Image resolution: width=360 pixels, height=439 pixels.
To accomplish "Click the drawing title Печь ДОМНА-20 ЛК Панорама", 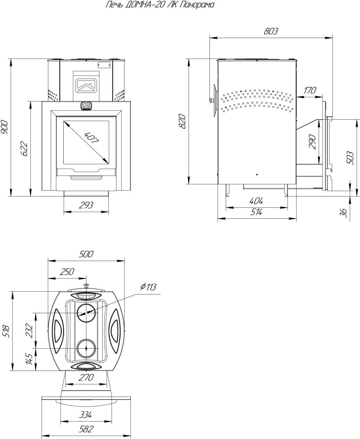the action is (160, 4).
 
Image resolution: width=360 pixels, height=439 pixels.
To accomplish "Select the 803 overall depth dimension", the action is (271, 31).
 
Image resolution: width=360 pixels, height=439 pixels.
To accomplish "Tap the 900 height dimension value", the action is (4, 127).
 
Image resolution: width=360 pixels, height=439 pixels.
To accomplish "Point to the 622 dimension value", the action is (24, 149).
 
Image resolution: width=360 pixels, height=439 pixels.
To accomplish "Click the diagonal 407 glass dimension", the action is (91, 138).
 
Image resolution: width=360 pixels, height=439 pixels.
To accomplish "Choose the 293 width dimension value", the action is (86, 205).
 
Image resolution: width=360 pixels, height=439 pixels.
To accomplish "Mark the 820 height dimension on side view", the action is (182, 121).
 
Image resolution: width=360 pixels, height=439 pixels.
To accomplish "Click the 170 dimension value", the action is (310, 91).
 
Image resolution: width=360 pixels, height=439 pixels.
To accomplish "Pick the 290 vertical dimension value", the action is (312, 142).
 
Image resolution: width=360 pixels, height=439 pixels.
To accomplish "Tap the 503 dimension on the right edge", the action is (350, 158).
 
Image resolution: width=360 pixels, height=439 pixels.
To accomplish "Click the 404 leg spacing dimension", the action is (256, 201).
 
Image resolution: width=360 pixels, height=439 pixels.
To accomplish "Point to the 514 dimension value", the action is (256, 212).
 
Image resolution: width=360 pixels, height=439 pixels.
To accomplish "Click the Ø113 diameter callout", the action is (148, 287).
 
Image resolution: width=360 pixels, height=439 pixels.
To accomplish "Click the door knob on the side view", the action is (212, 100).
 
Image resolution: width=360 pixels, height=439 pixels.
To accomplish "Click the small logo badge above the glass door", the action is (86, 105).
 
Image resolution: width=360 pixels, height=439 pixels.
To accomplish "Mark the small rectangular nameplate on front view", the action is (104, 65).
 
